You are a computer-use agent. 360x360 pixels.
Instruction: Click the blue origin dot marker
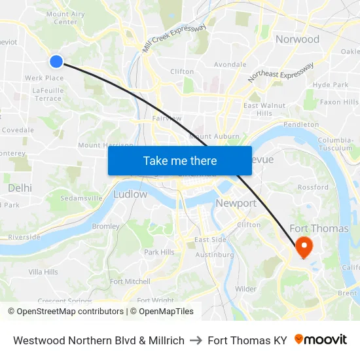(56, 61)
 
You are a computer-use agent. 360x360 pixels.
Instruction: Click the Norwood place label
(297, 39)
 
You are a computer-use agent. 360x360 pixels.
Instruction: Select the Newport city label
(236, 203)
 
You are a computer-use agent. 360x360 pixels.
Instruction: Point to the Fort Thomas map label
(318, 228)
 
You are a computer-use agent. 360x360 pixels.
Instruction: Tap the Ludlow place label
(130, 194)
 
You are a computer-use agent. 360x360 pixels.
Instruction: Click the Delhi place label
(20, 188)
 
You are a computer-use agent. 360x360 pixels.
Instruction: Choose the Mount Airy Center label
(65, 18)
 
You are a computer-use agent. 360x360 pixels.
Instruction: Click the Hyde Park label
(331, 85)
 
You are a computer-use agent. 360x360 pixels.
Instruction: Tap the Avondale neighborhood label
(230, 65)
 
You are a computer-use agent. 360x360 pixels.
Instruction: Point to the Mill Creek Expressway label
(174, 39)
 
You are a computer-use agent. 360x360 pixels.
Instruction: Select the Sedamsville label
(81, 198)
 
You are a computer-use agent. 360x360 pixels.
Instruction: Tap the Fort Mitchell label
(130, 281)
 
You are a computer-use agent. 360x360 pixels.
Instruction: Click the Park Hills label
(159, 252)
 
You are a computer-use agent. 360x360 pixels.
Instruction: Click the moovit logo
(320, 340)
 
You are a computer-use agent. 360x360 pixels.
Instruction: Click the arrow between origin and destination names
(196, 340)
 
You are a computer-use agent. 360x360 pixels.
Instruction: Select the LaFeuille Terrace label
(48, 94)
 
